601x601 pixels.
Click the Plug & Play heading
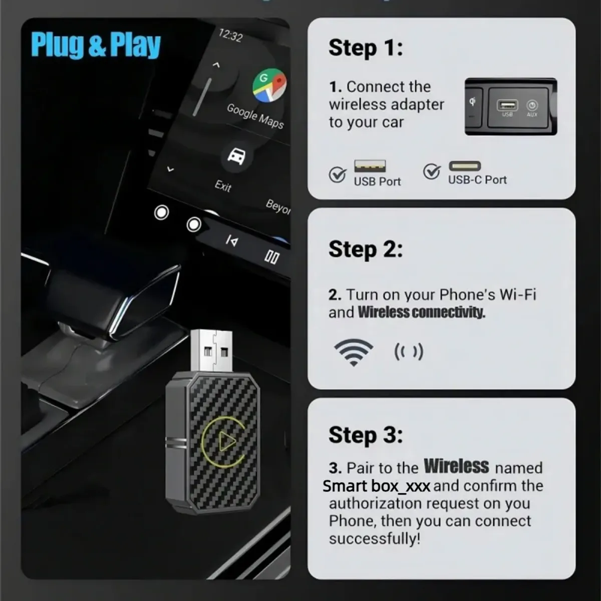coord(96,45)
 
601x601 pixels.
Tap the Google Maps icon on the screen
coord(269,85)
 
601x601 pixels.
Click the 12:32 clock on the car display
coord(230,36)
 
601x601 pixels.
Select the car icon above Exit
coord(236,156)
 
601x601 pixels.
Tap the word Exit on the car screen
coord(223,186)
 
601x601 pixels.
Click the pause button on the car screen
coord(271,257)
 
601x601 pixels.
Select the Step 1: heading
coord(366,48)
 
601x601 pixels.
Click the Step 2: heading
coord(366,250)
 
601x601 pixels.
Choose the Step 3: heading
coord(366,435)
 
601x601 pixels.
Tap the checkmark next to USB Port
coord(338,174)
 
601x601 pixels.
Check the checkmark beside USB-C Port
coord(432,171)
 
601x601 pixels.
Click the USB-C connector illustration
coord(465,166)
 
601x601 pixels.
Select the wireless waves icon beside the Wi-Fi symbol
coord(409,352)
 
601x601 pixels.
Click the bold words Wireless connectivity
coord(421,312)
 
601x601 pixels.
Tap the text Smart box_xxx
coord(377,486)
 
